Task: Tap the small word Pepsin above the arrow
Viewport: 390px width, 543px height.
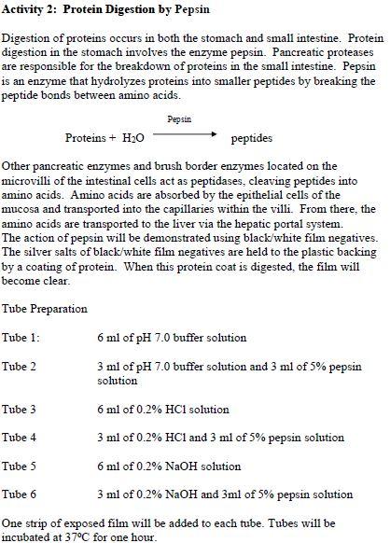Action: point(179,119)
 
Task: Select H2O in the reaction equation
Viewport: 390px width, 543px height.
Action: point(132,138)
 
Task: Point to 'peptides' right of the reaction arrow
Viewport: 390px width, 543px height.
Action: point(251,137)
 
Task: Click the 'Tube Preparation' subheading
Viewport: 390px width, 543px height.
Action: point(44,309)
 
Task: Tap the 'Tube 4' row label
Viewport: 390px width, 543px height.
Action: point(20,437)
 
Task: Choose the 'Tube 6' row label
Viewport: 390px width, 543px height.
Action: point(20,494)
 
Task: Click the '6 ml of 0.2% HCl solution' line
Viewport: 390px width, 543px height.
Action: point(162,409)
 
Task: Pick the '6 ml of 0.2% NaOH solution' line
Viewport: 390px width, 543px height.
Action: point(169,466)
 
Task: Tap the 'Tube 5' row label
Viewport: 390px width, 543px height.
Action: point(20,466)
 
